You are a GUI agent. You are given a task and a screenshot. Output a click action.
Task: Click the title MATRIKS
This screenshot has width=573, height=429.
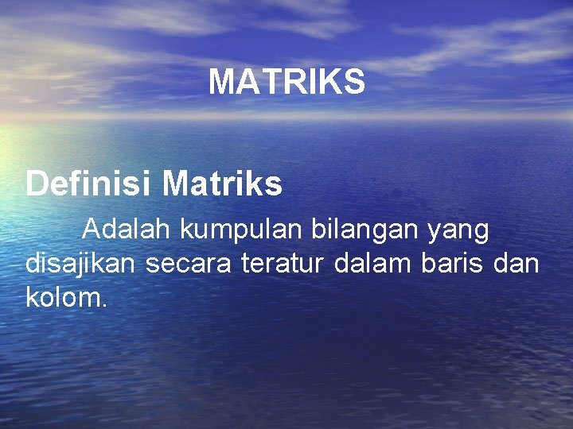[286, 82]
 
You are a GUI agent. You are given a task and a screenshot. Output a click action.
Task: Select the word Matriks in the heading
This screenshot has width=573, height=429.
[222, 184]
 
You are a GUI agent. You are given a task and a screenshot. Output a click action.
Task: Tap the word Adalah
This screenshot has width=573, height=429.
[127, 230]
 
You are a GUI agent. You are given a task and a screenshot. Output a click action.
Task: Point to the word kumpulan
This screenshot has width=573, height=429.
[240, 230]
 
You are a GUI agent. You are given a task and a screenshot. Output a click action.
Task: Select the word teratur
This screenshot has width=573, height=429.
[281, 265]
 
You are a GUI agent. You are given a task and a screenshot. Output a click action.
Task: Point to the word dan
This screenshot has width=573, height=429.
[516, 264]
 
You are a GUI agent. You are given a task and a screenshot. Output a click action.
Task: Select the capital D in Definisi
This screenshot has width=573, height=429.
[36, 184]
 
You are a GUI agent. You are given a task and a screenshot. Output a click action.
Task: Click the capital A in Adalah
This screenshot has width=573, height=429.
[92, 230]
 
